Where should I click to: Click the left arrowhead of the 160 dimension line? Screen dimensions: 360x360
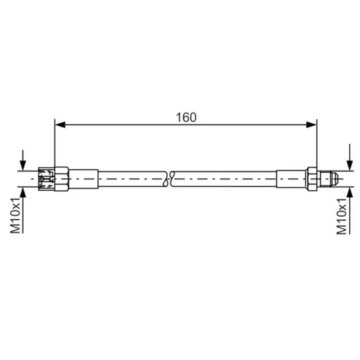59,125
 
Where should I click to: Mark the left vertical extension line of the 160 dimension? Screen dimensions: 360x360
55,144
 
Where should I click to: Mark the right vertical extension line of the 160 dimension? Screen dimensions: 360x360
317,144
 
